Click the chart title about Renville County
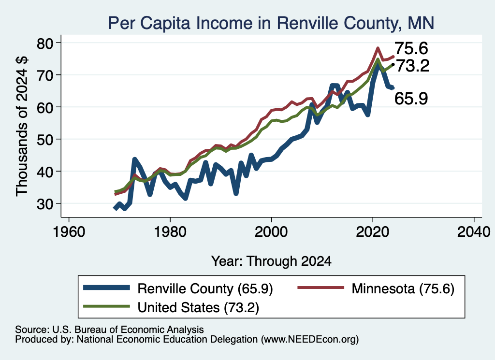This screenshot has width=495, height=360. tap(271, 23)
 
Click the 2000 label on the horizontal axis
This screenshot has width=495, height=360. tap(271, 232)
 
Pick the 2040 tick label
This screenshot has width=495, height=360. tap(474, 232)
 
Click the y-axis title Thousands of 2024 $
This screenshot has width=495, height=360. tap(22, 126)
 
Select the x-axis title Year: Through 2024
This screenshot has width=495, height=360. tap(271, 261)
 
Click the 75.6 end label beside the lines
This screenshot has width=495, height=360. tap(411, 49)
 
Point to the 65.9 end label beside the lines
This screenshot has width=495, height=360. tap(411, 98)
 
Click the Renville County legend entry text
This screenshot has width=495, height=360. tap(205, 288)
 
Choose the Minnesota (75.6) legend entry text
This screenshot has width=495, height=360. tap(403, 288)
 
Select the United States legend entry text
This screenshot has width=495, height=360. tap(198, 307)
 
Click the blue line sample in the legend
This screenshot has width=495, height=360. tap(107, 288)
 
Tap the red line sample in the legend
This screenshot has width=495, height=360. tap(321, 288)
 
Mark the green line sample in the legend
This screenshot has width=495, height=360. tap(107, 306)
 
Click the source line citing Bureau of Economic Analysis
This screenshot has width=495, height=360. tap(109, 330)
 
